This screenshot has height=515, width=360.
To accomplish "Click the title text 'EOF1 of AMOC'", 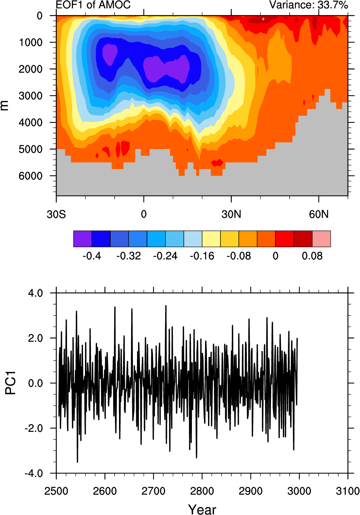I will point(93,5).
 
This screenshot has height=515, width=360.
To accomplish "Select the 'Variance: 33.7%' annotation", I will point(308,5).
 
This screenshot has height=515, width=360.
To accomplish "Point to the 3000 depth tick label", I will point(31,96).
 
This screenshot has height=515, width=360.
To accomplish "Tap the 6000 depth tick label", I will point(31,176).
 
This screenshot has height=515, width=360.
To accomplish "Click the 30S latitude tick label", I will point(56,214).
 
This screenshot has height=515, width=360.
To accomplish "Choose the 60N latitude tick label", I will point(319,214).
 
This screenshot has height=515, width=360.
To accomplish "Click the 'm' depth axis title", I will point(4,105).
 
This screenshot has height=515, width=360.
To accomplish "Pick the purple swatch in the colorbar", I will point(82,239).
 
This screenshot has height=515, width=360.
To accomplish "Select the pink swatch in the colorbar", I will point(322,239).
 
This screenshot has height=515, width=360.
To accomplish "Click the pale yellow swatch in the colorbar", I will point(211,239).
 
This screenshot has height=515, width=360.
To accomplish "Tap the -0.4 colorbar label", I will point(92,256).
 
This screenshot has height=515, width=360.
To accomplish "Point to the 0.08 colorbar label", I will point(312,256).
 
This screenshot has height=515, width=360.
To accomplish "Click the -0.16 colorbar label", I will point(202,256).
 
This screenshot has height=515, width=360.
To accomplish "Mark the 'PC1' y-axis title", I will point(11,383).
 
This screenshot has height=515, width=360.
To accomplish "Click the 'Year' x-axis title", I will point(202,509).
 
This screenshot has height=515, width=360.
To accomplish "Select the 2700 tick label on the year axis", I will point(153,491).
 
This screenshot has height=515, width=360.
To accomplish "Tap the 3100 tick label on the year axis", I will point(348,491).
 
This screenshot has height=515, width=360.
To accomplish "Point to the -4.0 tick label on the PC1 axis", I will point(34,473).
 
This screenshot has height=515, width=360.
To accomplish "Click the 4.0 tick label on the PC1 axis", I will point(36,293).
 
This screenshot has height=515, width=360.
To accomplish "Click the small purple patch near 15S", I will point(109,54).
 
